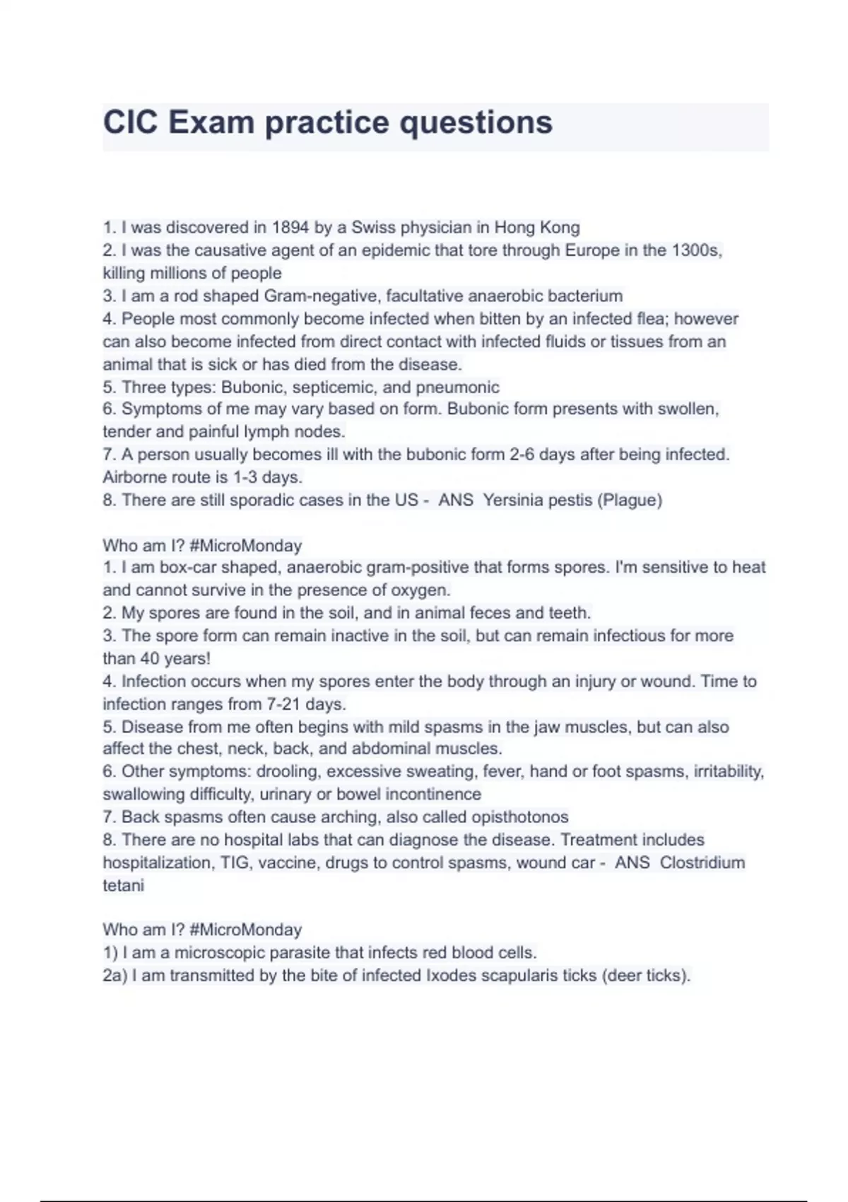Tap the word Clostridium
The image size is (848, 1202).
[x=702, y=863]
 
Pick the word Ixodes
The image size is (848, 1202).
[x=444, y=976]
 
